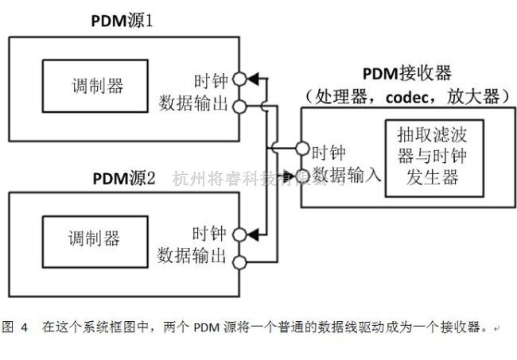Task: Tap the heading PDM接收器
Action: [x=406, y=74]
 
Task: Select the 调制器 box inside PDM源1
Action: [x=94, y=86]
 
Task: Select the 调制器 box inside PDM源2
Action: [x=94, y=238]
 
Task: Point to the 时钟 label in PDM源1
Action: [x=210, y=80]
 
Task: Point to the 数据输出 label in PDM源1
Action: [x=193, y=103]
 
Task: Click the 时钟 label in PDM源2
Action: [x=210, y=234]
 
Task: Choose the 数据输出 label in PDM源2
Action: [x=193, y=256]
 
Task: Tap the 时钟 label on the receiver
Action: [x=329, y=150]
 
